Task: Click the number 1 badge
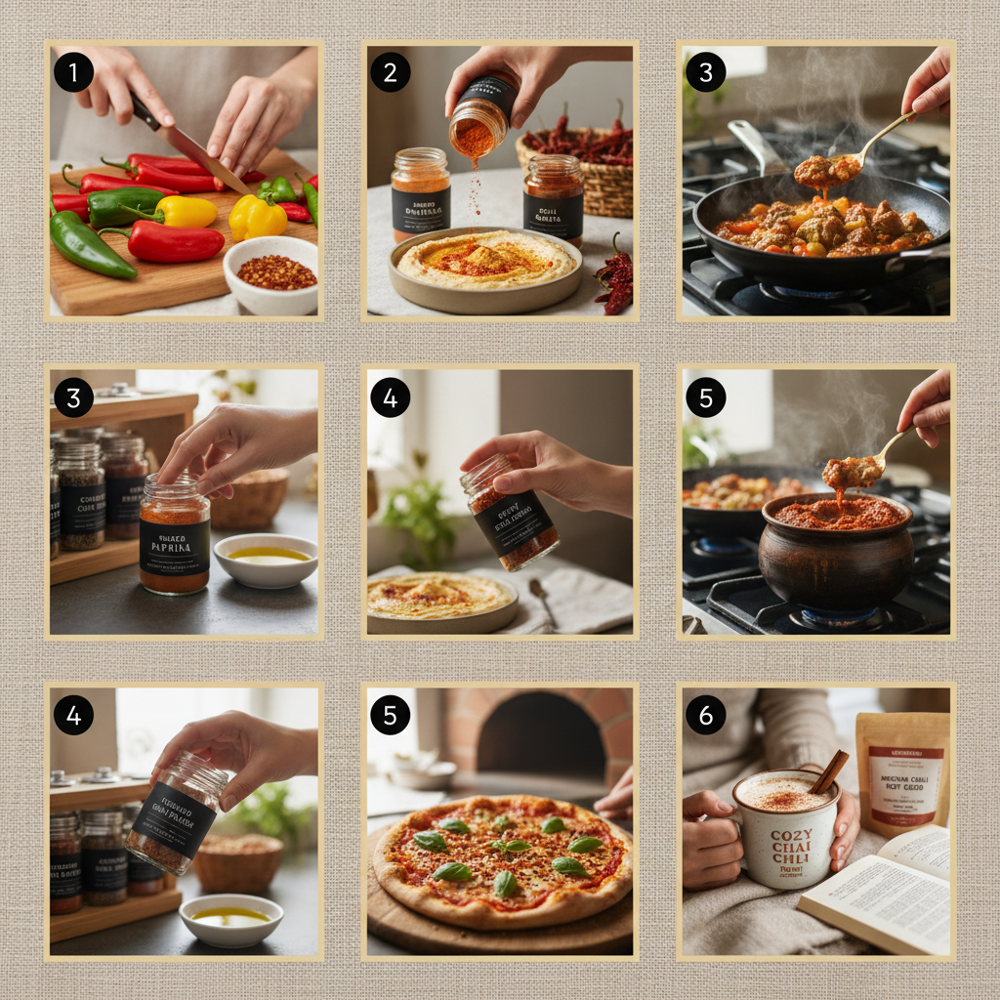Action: click(73, 72)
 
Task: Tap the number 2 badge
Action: click(390, 72)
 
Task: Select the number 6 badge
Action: click(705, 715)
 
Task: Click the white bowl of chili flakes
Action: click(271, 273)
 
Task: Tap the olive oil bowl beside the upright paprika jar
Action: click(265, 559)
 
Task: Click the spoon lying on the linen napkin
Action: click(543, 601)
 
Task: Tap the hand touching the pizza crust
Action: click(616, 796)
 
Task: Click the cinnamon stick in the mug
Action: click(828, 771)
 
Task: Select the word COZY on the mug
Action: click(791, 837)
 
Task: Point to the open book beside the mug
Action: click(879, 894)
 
